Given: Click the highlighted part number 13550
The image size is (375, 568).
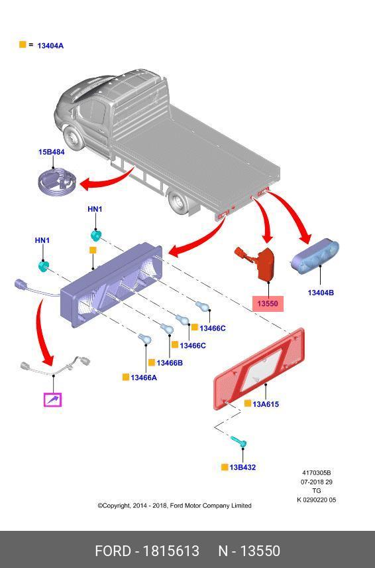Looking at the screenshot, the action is click(268, 303).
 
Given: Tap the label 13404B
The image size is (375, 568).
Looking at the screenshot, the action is click(321, 293).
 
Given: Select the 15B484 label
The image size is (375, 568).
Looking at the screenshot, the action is click(52, 152).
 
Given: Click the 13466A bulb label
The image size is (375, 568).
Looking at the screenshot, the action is click(144, 378).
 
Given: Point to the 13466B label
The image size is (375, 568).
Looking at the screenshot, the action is click(169, 362).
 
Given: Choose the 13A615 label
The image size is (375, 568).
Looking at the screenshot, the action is click(266, 404).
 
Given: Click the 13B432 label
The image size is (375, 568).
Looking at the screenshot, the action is click(242, 467).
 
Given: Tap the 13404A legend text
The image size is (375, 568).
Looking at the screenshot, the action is click(50, 46).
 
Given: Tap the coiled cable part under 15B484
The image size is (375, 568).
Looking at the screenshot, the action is click(56, 182).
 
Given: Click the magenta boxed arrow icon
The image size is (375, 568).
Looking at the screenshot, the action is click(53, 399).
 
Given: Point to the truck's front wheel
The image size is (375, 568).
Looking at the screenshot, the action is click(75, 138).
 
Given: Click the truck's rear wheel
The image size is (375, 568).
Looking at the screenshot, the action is click(178, 203).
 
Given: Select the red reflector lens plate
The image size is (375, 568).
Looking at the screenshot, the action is click(259, 369).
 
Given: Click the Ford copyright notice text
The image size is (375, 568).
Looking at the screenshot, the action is click(174, 506).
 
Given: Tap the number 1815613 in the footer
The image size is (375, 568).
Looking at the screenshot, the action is click(171, 551).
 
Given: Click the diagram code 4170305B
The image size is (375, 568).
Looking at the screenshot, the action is click(317, 472).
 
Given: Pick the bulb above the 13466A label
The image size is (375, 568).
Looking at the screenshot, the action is click(144, 339).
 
